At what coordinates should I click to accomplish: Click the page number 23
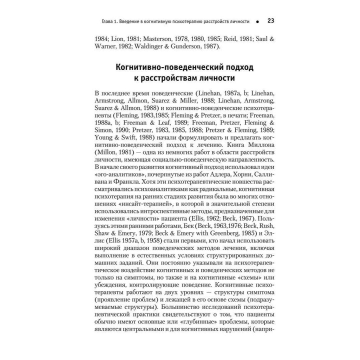pos(270,20)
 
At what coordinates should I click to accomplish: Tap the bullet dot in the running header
pos(256,21)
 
